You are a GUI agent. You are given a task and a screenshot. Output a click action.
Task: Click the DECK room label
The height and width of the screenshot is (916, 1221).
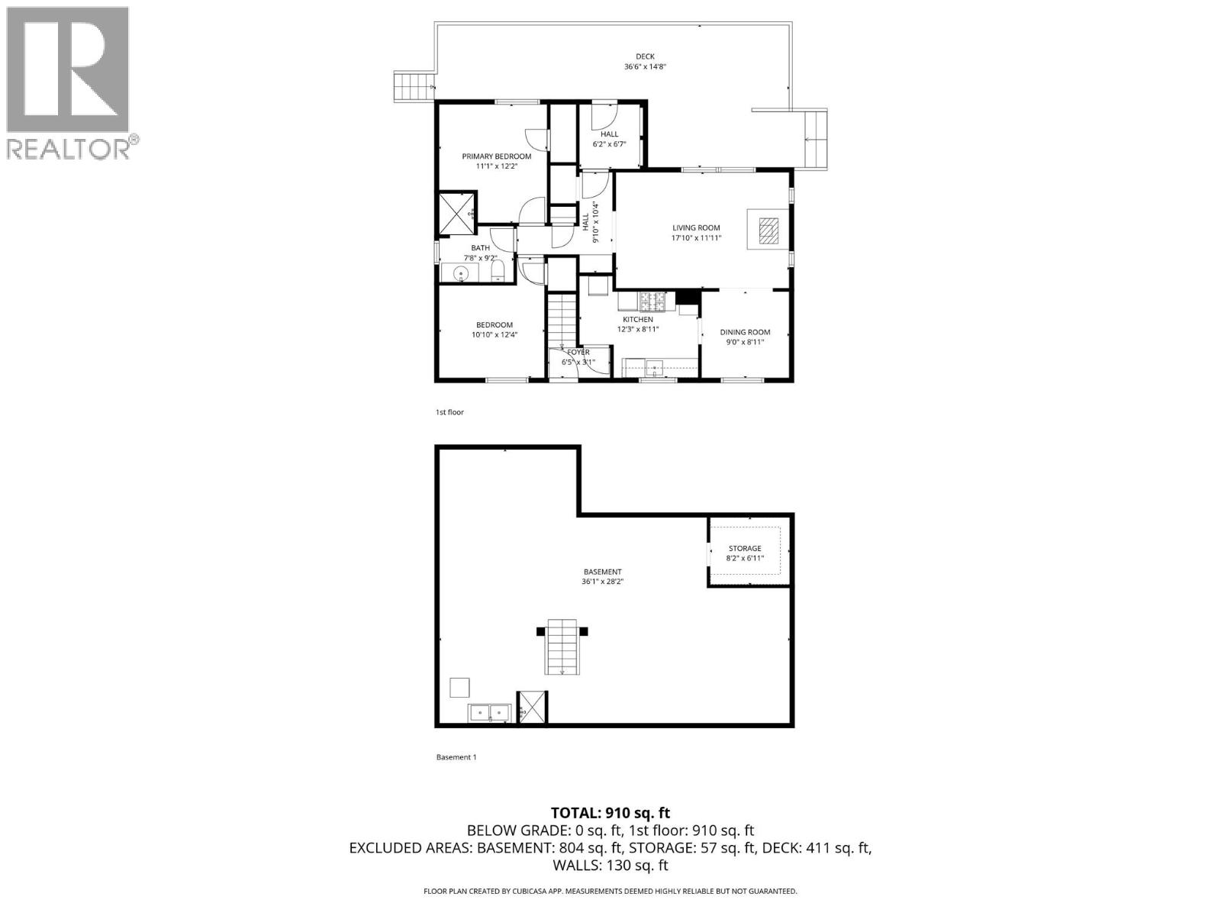click(645, 56)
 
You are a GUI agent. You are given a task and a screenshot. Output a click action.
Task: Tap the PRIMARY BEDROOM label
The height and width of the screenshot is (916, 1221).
click(496, 156)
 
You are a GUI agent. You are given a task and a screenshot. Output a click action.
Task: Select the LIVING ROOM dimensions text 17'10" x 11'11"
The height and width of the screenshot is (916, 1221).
click(695, 238)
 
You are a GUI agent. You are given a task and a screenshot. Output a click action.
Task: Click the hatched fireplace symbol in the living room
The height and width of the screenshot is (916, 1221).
click(769, 230)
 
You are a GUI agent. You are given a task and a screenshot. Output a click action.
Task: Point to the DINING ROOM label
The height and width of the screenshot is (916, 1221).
click(745, 332)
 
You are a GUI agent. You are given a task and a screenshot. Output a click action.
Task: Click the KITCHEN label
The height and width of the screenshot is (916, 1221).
click(638, 319)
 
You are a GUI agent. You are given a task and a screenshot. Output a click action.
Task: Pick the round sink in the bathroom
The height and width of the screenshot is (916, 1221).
click(461, 274)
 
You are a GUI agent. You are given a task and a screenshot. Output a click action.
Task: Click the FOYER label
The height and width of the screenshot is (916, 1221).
click(578, 352)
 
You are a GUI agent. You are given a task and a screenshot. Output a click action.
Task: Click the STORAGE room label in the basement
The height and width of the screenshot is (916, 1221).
click(744, 548)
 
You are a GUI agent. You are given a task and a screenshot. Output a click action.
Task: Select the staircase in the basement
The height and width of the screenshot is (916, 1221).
click(562, 647)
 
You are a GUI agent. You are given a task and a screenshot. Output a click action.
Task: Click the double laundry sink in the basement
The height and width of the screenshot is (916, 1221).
click(489, 713)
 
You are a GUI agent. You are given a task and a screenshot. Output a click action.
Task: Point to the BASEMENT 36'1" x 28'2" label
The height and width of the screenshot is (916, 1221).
click(602, 576)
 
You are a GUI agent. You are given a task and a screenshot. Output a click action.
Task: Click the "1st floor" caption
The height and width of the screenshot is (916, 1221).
click(449, 412)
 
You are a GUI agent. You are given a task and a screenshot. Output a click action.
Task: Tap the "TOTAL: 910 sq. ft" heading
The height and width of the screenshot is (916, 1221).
click(610, 813)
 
